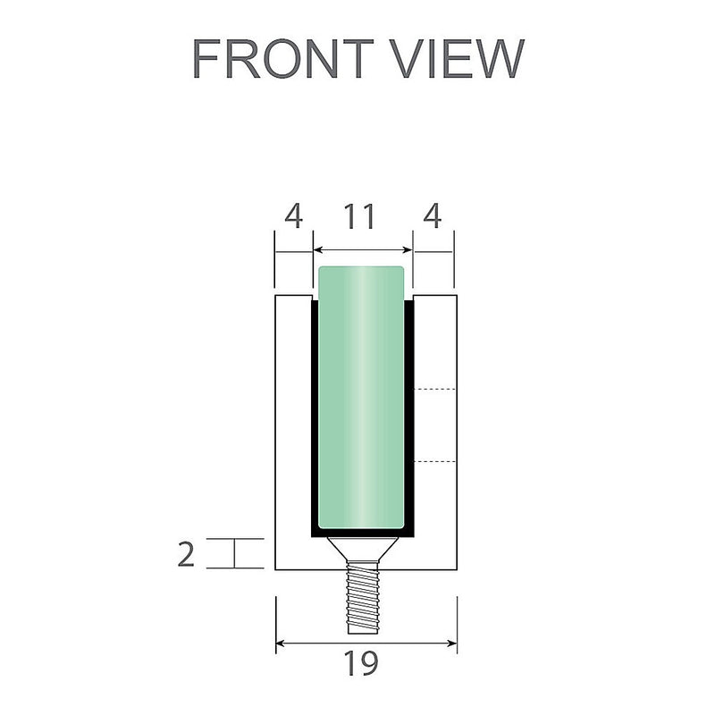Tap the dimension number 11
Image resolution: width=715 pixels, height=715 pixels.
click(x=361, y=217)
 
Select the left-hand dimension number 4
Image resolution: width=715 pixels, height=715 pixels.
click(x=293, y=217)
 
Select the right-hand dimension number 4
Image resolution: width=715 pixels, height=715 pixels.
click(x=433, y=217)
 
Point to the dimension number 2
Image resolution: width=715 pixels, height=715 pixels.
click(x=186, y=554)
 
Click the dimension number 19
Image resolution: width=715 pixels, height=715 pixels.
click(x=365, y=664)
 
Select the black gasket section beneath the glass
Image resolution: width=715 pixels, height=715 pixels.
click(x=362, y=533)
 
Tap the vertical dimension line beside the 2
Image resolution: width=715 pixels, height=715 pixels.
click(x=235, y=553)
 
